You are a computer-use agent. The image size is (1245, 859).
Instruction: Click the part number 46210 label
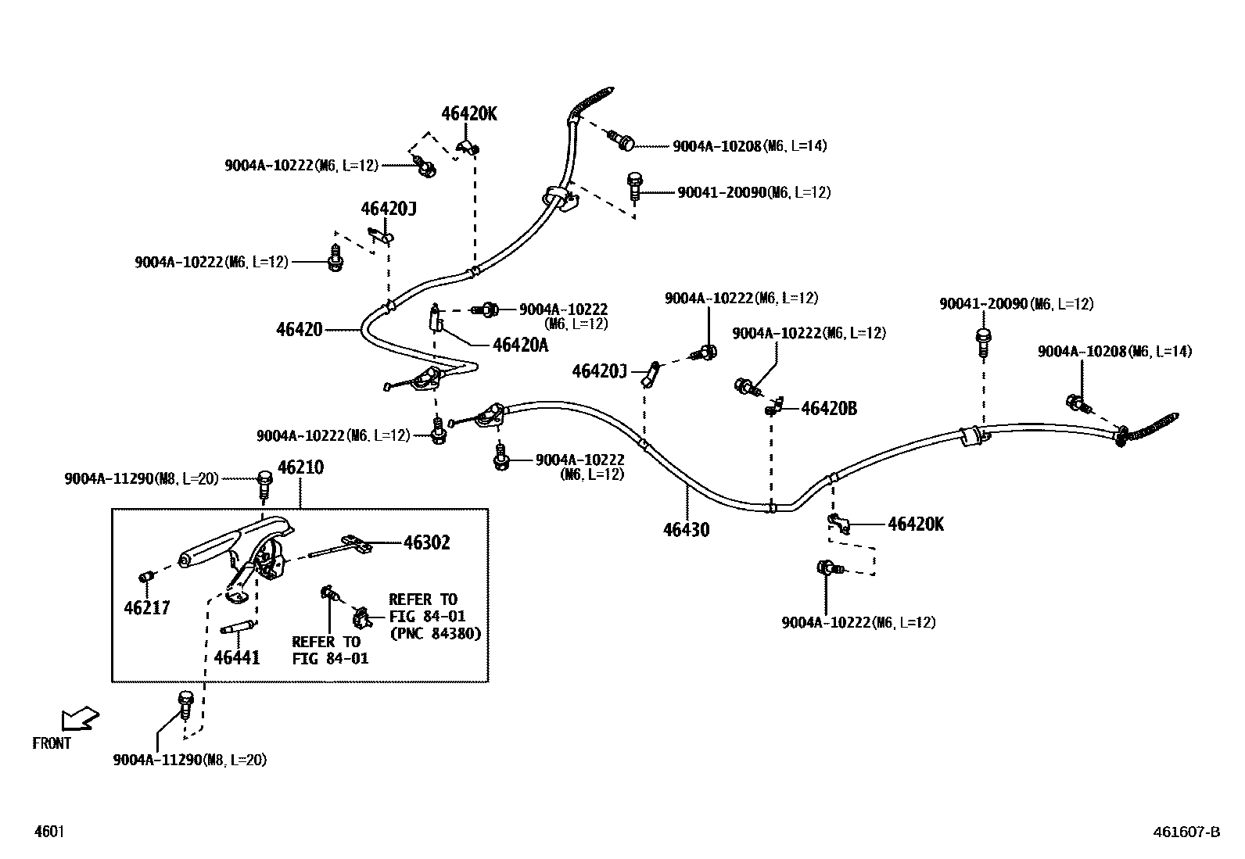coord(300,467)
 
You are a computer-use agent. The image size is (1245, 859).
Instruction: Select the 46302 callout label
coord(426,542)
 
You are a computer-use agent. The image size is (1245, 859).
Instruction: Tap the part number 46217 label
coord(147,607)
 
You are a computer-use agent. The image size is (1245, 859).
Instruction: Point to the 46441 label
coord(237,657)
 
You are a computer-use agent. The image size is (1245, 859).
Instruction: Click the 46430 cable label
coord(686,529)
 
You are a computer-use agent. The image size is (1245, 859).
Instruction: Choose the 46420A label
coord(520,345)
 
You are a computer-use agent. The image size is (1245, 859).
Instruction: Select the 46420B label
coord(828,408)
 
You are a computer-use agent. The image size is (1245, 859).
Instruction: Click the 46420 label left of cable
coord(299,330)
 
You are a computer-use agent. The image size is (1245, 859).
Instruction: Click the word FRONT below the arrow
coord(52,743)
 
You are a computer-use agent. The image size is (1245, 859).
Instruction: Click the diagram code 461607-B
coord(1186,832)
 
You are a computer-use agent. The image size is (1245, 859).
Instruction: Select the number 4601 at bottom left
coord(48,832)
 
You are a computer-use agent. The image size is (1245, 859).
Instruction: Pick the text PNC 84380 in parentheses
coord(435,632)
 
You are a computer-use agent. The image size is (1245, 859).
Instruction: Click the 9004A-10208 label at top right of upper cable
coord(749,145)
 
